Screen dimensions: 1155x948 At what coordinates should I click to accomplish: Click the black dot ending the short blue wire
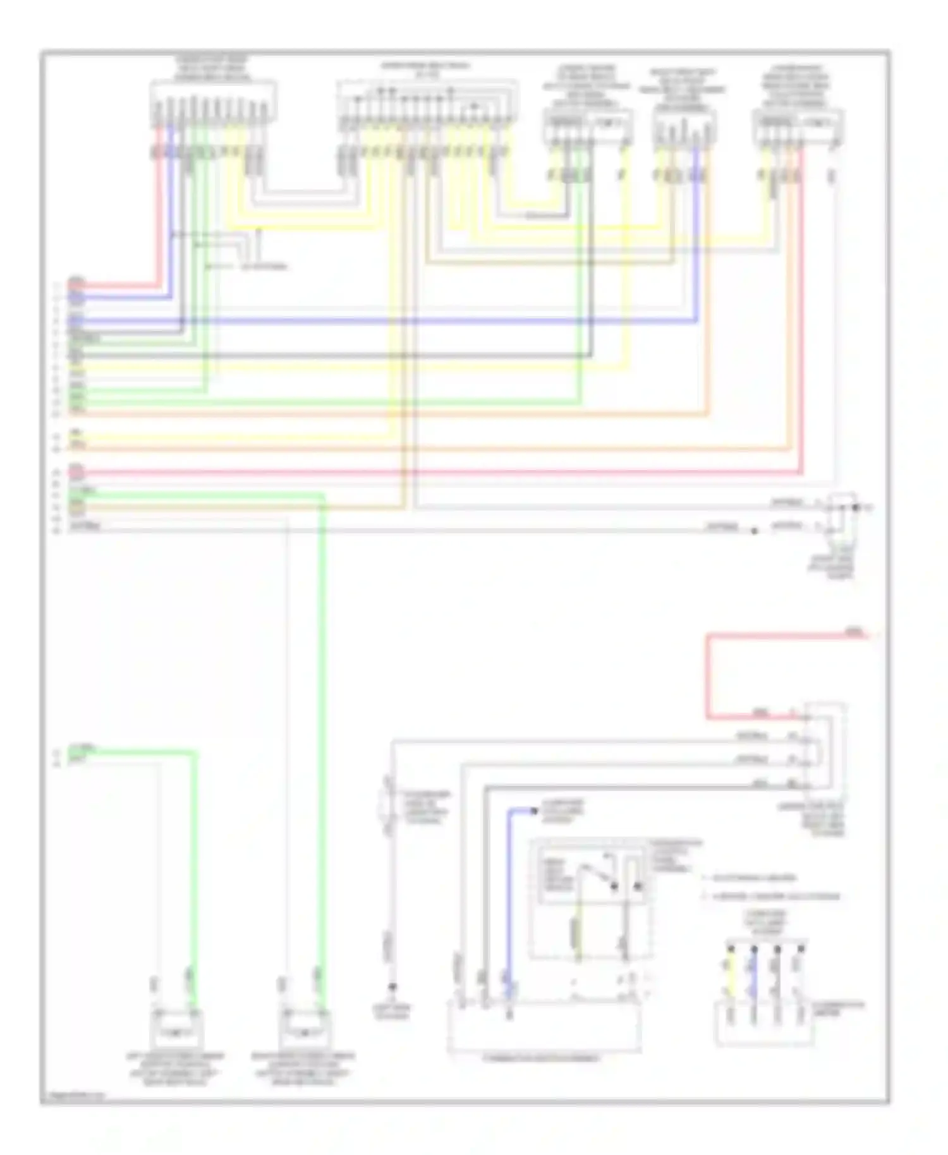tap(534, 811)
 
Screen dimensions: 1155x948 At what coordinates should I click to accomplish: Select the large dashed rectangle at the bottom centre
tap(544, 1026)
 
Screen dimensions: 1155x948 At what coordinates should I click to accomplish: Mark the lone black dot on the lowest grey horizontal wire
tap(754, 531)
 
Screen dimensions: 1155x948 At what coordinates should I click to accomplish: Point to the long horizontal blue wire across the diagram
tap(442, 322)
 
